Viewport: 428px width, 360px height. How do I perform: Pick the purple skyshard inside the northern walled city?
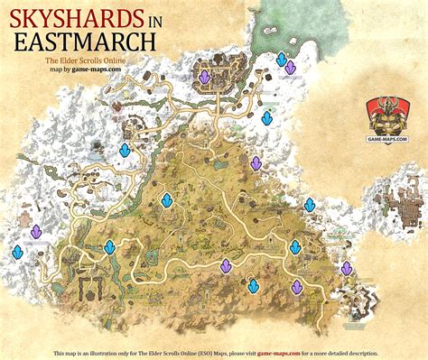(205, 78)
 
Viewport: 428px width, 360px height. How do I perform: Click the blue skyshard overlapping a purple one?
(283, 60)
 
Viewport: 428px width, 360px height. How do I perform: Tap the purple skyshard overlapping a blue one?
(291, 68)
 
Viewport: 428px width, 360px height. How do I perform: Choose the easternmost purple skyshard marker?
(347, 268)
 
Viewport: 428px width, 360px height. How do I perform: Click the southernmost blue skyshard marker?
(255, 285)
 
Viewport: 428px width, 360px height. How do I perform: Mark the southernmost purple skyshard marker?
(297, 286)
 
